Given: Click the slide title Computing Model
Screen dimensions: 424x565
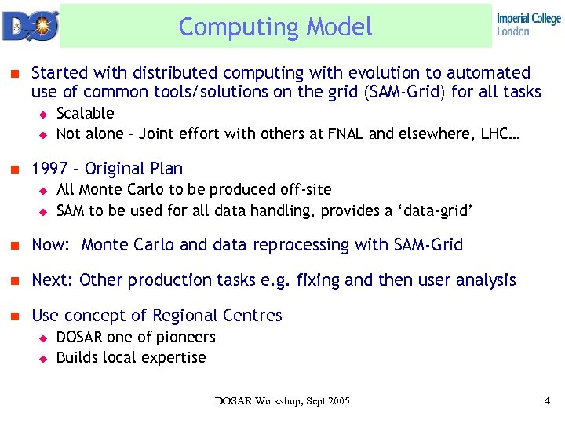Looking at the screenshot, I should (x=275, y=27).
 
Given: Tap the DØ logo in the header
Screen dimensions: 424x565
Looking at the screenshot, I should (x=29, y=25).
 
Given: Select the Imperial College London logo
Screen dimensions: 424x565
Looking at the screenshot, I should (x=528, y=24).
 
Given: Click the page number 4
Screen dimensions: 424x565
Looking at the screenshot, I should (x=546, y=401).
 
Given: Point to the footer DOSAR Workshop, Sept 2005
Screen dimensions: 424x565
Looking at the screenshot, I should (x=282, y=401).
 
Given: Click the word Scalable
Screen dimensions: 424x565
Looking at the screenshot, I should (x=86, y=113).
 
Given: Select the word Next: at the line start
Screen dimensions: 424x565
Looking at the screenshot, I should (x=53, y=280).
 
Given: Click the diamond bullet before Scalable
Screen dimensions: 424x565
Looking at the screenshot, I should (x=44, y=114).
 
